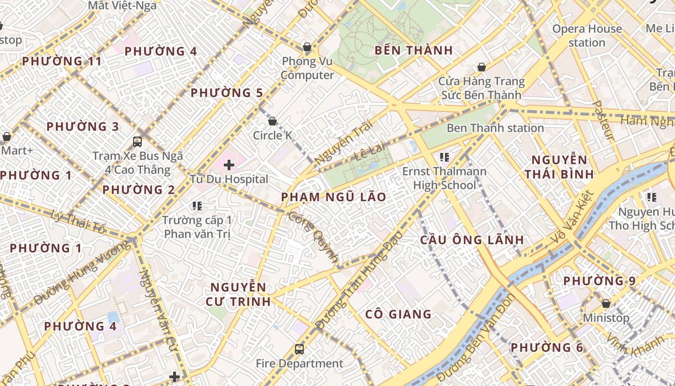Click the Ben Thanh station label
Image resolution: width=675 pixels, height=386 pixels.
495,128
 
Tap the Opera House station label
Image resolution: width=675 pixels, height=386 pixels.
587,36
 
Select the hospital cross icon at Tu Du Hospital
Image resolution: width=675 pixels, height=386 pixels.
229,165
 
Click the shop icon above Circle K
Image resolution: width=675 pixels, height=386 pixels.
272,121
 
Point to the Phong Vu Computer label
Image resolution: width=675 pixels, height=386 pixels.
307,68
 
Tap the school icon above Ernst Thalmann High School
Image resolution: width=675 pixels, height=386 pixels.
445,157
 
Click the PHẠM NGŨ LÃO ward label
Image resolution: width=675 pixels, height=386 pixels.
334,197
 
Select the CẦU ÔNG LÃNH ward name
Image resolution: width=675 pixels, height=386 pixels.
472,240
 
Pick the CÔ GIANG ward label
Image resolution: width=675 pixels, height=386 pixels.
398,315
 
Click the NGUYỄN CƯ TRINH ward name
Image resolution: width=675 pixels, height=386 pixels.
238,294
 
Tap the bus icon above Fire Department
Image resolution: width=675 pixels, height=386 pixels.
299,349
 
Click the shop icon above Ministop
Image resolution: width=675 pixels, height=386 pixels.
606,303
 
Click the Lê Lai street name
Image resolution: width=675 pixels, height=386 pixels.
371,151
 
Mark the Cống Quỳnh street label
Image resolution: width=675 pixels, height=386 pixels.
313,236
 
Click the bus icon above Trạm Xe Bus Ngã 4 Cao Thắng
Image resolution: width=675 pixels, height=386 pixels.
137,141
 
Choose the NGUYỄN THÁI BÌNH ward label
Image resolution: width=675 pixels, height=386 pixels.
559,167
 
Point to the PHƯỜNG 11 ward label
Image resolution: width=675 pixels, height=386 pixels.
62,61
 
